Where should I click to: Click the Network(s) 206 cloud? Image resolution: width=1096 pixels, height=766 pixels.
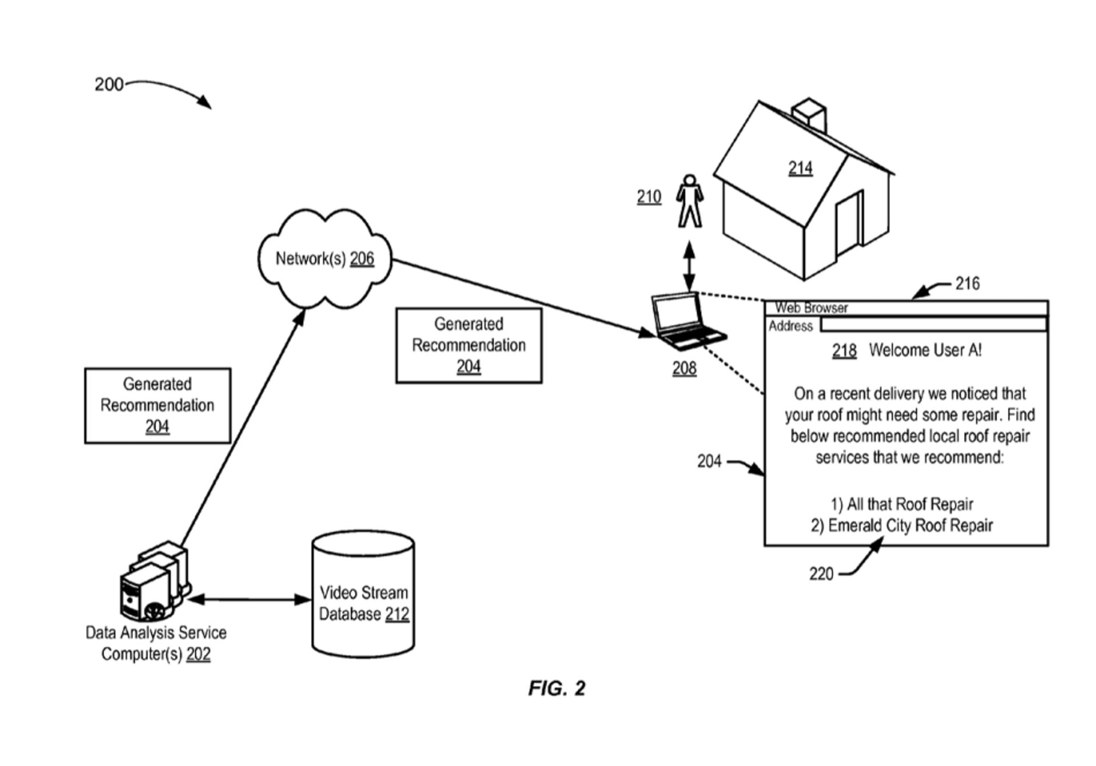(324, 259)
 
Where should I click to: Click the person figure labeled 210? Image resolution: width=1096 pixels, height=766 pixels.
(690, 201)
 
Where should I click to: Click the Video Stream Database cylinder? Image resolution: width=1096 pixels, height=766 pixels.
(363, 594)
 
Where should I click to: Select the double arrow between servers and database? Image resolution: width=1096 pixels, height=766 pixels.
(249, 599)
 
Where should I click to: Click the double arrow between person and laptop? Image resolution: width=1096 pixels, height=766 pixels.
(690, 266)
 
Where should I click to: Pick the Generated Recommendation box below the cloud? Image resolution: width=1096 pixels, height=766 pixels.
(468, 345)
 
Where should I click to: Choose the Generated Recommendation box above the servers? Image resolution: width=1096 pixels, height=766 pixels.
(158, 405)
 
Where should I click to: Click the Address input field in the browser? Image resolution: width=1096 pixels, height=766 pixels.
(933, 325)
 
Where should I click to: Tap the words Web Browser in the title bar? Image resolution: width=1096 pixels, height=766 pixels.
(811, 308)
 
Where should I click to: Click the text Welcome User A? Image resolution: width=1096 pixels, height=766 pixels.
(925, 350)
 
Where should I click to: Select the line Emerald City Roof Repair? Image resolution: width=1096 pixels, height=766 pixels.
(902, 525)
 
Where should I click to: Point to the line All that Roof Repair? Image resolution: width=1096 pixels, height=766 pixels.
(902, 504)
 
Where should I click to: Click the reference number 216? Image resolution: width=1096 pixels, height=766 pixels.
(967, 283)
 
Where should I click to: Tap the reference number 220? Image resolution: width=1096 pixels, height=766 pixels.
(821, 573)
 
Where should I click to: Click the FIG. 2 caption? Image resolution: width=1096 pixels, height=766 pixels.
(557, 688)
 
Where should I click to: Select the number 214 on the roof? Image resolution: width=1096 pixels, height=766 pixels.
(800, 168)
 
